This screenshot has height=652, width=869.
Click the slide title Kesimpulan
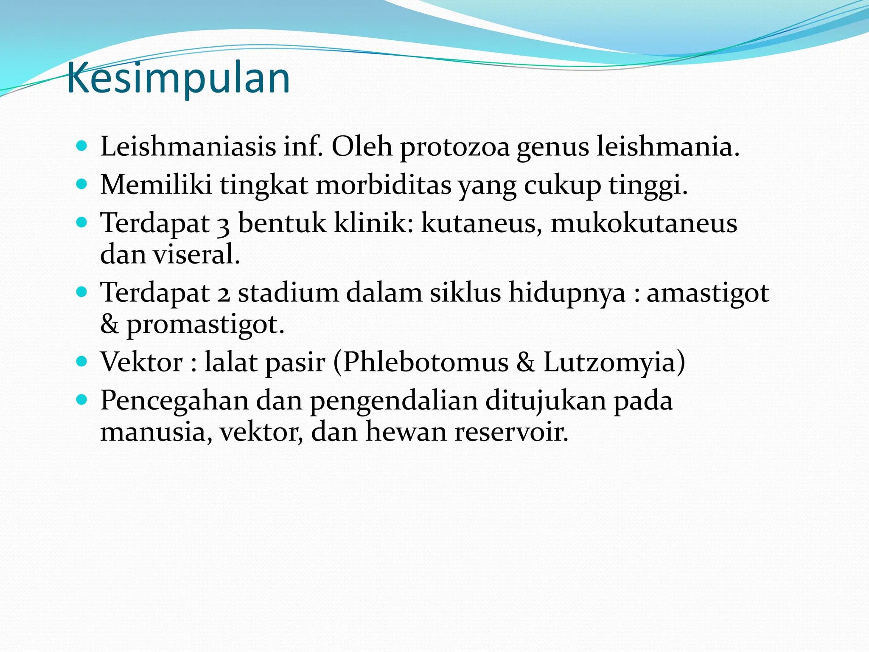click(x=178, y=78)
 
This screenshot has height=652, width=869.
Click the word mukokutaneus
click(x=644, y=224)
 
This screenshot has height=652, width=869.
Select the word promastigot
click(x=205, y=325)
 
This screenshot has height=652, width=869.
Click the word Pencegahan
click(x=174, y=401)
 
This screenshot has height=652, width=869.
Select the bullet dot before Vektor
click(x=81, y=362)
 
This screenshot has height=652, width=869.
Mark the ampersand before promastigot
click(x=109, y=324)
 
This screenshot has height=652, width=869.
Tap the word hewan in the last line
click(x=406, y=432)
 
